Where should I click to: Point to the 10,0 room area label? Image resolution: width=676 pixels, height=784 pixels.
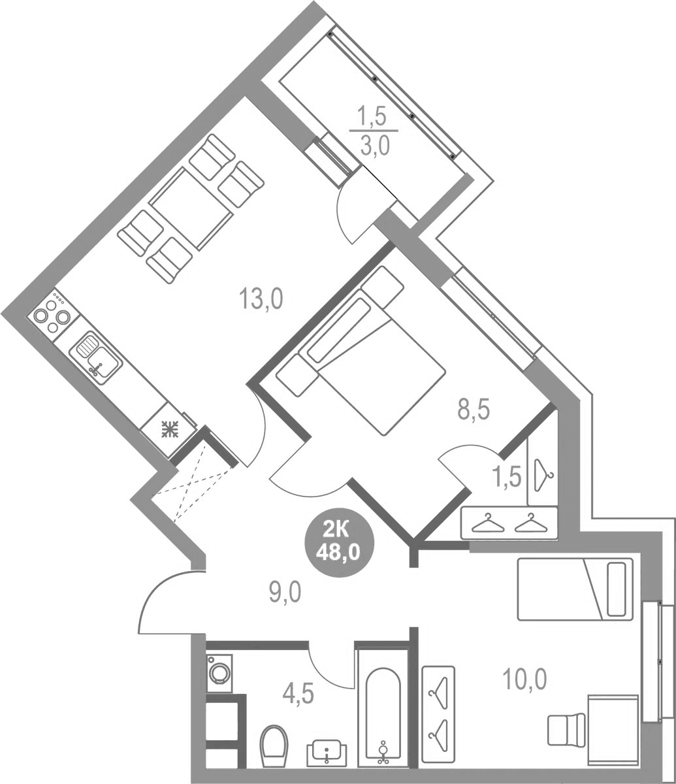click(524, 678)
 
